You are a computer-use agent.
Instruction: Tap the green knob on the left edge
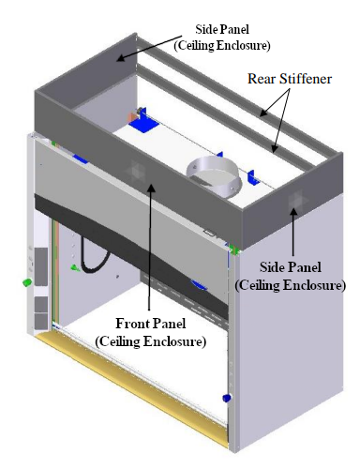27,281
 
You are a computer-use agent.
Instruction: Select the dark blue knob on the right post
226,399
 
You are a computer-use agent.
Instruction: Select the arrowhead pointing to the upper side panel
117,59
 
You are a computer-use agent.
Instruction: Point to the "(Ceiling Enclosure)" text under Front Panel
151,340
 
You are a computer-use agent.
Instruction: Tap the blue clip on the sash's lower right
200,284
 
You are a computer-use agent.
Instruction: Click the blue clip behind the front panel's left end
82,159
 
